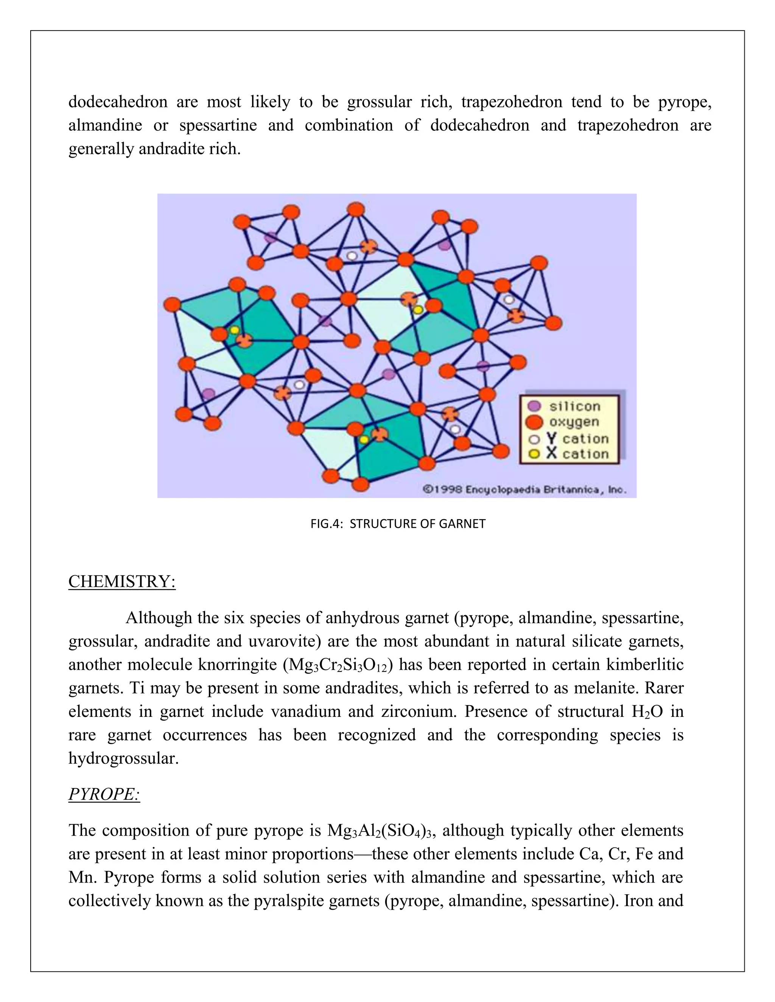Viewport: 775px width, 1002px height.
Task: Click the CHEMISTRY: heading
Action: [x=122, y=582]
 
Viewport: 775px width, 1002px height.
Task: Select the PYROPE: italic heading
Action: [x=104, y=794]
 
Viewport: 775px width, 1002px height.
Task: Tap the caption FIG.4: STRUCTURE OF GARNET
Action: [x=398, y=523]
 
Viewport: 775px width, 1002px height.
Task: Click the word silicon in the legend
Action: [x=575, y=406]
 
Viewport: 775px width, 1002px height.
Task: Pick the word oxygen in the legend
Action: [x=574, y=422]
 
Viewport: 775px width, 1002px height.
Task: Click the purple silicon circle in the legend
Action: [x=534, y=406]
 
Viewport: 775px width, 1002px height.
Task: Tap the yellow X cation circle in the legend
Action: [x=534, y=454]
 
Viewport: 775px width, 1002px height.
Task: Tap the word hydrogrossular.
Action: [x=123, y=758]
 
